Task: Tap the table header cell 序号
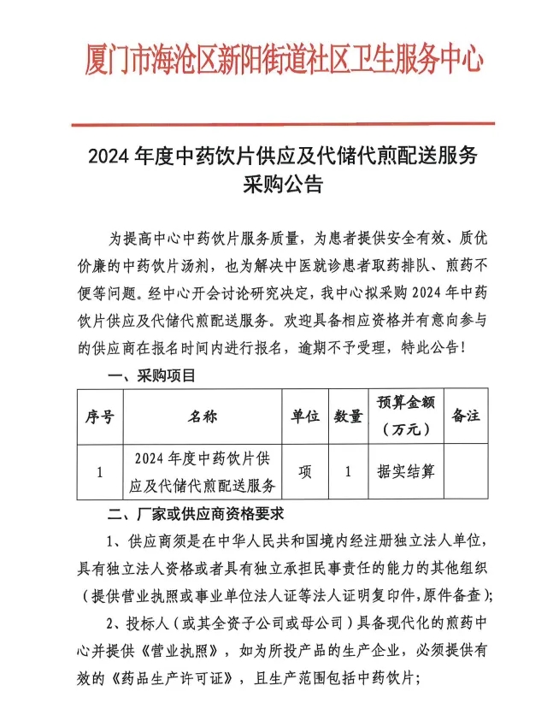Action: pyautogui.click(x=99, y=416)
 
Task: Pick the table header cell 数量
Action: pyautogui.click(x=347, y=416)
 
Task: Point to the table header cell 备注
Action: pyautogui.click(x=465, y=416)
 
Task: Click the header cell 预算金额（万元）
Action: pyautogui.click(x=406, y=416)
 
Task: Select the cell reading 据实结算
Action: pyautogui.click(x=406, y=471)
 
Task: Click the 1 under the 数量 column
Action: pyautogui.click(x=347, y=471)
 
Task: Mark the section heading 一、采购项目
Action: pyautogui.click(x=150, y=375)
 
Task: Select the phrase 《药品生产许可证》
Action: pyautogui.click(x=161, y=676)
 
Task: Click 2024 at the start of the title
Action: pyautogui.click(x=108, y=157)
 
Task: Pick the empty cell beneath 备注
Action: pyautogui.click(x=465, y=471)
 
